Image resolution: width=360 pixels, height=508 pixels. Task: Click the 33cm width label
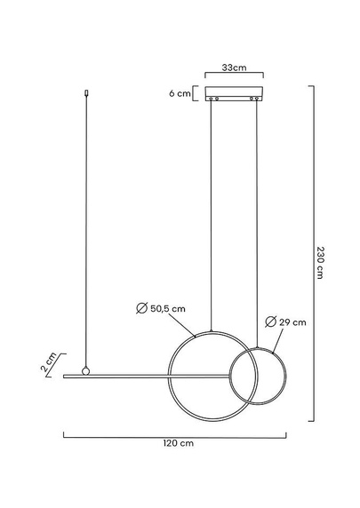(x=234, y=67)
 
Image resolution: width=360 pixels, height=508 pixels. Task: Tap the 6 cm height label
(x=180, y=93)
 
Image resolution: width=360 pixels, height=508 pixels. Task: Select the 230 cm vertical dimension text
(x=320, y=262)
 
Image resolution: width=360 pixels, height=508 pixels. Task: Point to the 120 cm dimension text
(x=179, y=443)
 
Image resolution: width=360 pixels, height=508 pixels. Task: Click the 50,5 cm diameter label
(x=168, y=309)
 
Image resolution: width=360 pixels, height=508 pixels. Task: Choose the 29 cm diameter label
(x=292, y=322)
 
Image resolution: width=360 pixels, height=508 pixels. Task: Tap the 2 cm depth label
(x=49, y=361)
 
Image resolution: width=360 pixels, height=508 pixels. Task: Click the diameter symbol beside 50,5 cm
(x=141, y=308)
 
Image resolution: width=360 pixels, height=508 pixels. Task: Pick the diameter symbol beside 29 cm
(x=270, y=321)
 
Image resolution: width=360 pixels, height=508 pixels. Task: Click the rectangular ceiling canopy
(x=234, y=93)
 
